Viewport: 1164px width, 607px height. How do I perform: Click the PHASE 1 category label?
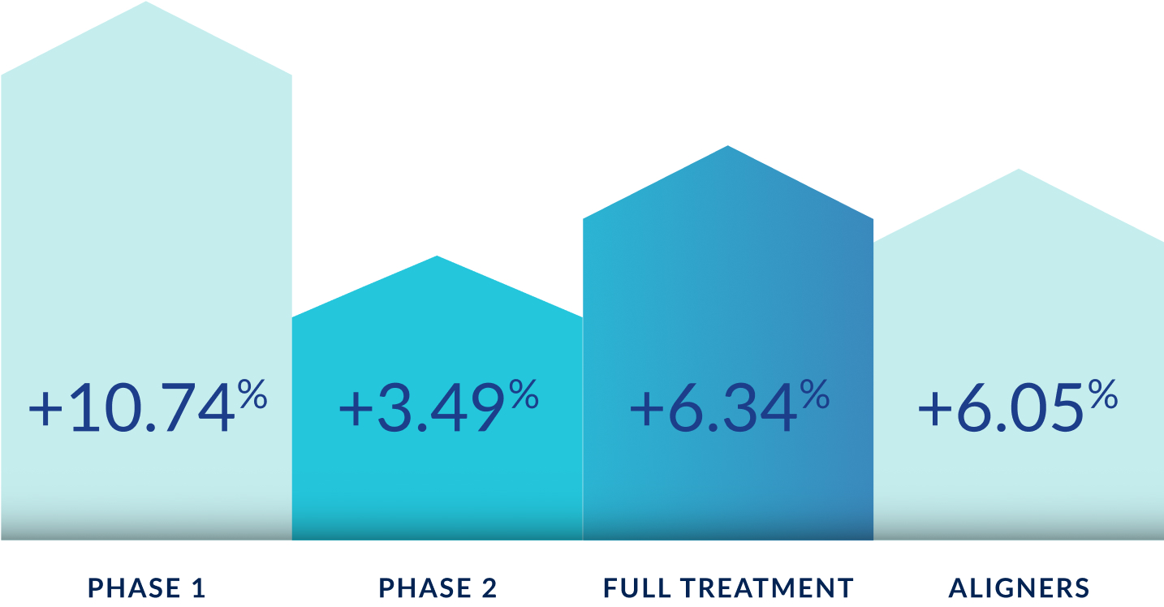coord(147,588)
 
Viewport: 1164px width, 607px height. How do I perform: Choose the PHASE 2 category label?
coord(438,588)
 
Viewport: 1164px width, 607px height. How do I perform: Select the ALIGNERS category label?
coord(1019,588)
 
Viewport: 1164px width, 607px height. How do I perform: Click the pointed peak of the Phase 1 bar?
coord(146,2)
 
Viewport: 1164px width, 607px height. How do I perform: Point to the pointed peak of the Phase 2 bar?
coord(437,256)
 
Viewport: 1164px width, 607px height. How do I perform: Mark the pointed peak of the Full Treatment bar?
coord(727,146)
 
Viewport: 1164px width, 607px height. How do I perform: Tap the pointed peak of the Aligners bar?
coord(1019,170)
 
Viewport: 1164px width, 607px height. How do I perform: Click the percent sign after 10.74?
coord(252,394)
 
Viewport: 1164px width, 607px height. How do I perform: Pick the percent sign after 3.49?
coord(524,394)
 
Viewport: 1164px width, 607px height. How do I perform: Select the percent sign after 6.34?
coord(815,394)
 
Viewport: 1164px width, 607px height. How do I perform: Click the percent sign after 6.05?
coord(1103,394)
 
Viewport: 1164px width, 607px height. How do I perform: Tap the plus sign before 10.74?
coord(45,409)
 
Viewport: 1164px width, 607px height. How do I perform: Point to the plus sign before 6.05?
coord(935,409)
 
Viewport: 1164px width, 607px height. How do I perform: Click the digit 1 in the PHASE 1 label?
coord(199,588)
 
